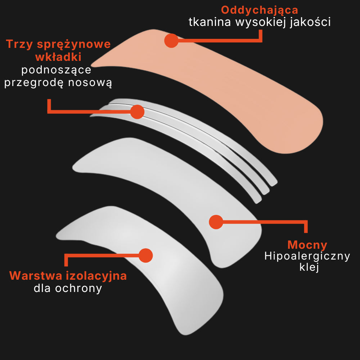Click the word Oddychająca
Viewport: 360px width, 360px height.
coord(259,10)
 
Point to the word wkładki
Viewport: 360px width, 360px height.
coord(58,57)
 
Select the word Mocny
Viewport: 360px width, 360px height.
coord(307,245)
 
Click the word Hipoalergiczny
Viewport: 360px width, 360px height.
coord(307,256)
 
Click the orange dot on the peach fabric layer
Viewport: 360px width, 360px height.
coord(171,41)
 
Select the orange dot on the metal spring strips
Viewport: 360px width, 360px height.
coord(137,112)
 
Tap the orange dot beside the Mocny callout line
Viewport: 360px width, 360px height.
coord(216,222)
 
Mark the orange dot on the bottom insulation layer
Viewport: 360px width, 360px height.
coord(145,255)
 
